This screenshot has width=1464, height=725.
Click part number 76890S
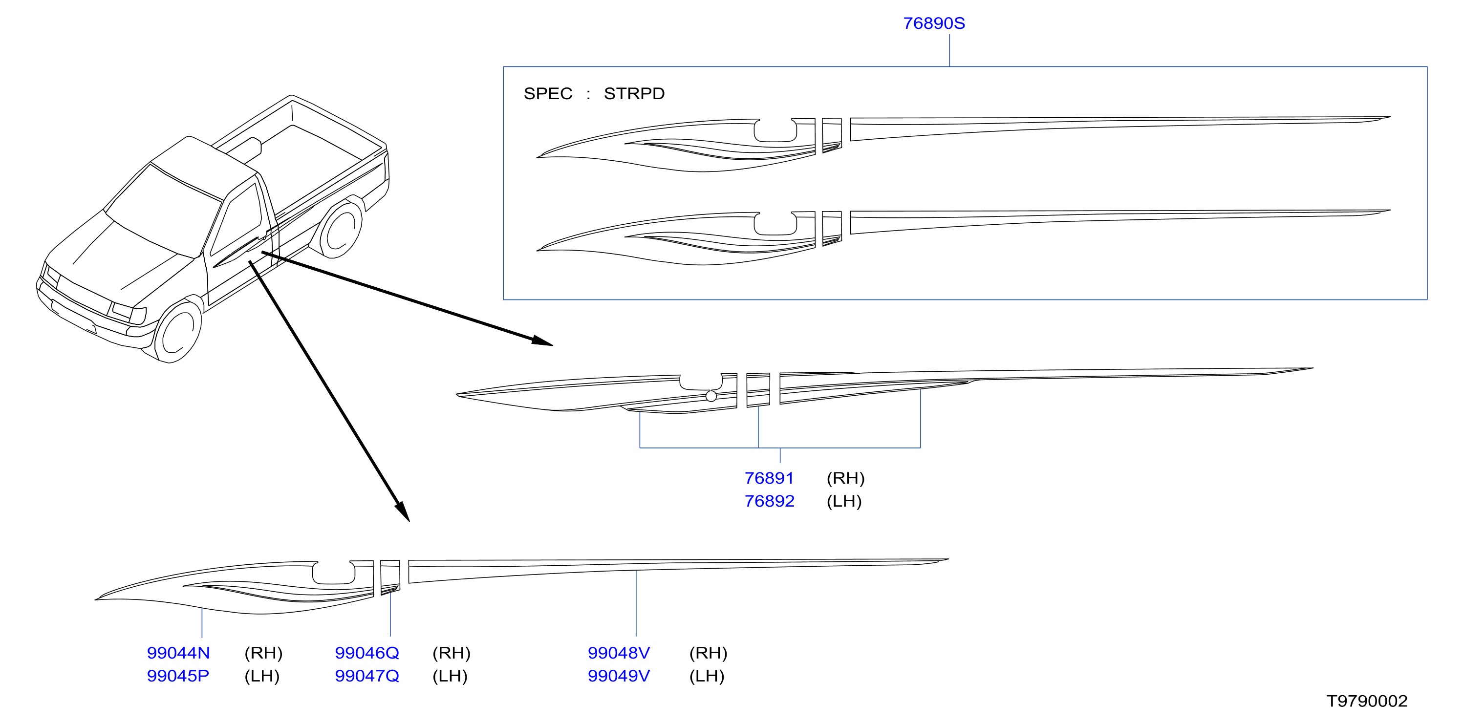pos(934,23)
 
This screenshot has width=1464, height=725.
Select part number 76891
pos(769,478)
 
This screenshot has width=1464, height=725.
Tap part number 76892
pos(770,501)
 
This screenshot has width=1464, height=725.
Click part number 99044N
pos(178,653)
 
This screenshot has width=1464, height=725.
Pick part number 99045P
pos(178,676)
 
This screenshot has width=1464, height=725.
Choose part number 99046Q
pos(367,653)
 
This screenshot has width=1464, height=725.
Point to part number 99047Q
pos(367,676)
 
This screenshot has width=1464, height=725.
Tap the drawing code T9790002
pos(1367,701)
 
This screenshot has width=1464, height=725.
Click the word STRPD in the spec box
pos(634,93)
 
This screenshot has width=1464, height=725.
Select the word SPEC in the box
pos(548,93)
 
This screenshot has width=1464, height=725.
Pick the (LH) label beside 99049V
pos(707,676)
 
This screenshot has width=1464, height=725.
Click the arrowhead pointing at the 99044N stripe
pos(402,512)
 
